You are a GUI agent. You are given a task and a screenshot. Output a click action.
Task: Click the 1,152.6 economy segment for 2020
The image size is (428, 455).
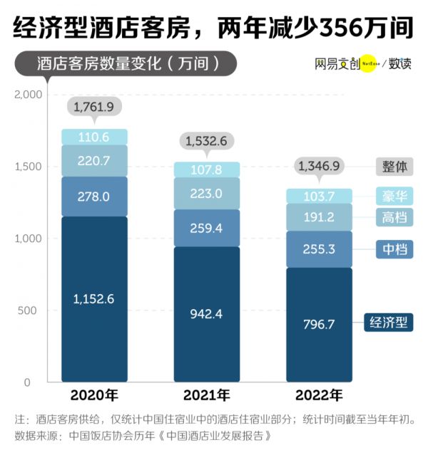(94, 299)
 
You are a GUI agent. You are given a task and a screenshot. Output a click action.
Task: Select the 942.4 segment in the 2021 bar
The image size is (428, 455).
(208, 314)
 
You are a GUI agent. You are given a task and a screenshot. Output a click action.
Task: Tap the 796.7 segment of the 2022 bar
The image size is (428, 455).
(319, 325)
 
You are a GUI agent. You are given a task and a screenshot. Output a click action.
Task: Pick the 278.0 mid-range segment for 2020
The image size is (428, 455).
(94, 196)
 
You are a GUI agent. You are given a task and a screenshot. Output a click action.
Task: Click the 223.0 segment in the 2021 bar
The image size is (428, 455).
(208, 193)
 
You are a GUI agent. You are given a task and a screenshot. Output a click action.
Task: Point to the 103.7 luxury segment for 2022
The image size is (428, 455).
(319, 196)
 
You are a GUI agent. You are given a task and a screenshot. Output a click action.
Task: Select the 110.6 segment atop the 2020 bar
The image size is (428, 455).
(94, 137)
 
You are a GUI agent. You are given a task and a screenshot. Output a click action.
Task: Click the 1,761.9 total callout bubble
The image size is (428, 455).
(94, 107)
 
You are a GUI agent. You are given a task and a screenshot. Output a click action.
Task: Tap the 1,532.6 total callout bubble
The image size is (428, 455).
(206, 141)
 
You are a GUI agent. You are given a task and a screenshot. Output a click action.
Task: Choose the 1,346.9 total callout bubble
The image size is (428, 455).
(319, 167)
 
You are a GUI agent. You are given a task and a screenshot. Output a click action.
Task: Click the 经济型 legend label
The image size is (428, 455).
(388, 322)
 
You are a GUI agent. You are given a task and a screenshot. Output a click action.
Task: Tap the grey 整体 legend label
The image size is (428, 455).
(394, 167)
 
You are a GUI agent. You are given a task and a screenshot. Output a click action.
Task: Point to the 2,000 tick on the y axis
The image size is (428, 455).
(28, 95)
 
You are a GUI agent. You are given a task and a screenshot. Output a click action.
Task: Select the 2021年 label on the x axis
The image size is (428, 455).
(206, 395)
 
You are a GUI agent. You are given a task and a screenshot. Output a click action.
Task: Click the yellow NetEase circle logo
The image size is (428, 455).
(369, 63)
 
